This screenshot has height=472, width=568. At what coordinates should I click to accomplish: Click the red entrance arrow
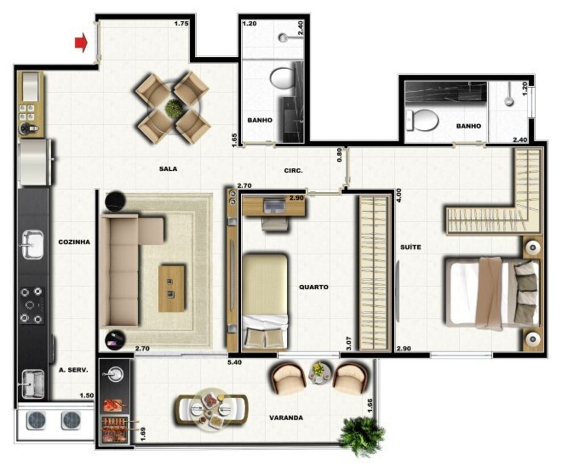pyautogui.click(x=81, y=43)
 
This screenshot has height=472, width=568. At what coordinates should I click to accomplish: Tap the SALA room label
pyautogui.click(x=168, y=168)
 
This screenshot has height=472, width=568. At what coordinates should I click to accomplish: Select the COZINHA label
pyautogui.click(x=74, y=242)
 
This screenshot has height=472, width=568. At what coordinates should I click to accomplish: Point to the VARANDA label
pyautogui.click(x=286, y=418)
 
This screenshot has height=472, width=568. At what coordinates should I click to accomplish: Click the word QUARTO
pyautogui.click(x=314, y=287)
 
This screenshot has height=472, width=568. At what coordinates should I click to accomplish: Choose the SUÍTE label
pyautogui.click(x=411, y=247)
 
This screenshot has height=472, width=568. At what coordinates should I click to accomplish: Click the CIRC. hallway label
pyautogui.click(x=294, y=171)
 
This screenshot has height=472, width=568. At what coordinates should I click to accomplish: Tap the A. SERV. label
pyautogui.click(x=73, y=370)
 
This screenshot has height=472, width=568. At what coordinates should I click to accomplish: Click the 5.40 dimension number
pyautogui.click(x=235, y=362)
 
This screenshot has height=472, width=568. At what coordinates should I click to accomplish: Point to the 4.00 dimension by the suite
pyautogui.click(x=399, y=195)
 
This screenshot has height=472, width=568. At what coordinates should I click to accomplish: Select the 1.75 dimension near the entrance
pyautogui.click(x=182, y=24)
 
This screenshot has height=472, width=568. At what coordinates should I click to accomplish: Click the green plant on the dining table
pyautogui.click(x=173, y=108)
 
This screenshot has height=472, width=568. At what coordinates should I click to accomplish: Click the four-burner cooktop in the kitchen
pyautogui.click(x=32, y=305)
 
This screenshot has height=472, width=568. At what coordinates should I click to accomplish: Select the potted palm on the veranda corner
pyautogui.click(x=361, y=436)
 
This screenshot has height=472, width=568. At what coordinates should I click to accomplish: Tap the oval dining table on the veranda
pyautogui.click(x=211, y=410)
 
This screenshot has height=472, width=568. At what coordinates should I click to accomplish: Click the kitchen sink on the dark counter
pyautogui.click(x=32, y=245)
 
